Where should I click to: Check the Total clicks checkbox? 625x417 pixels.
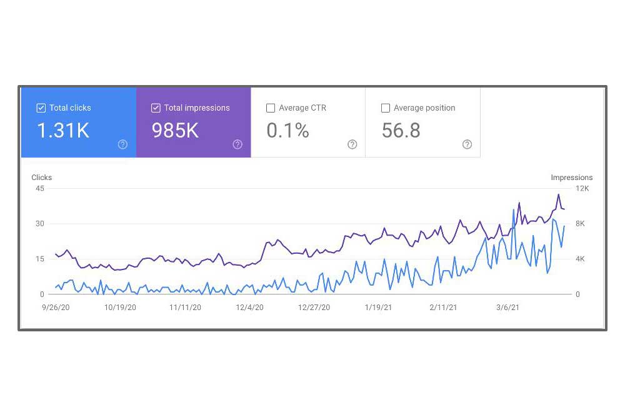pos(41,108)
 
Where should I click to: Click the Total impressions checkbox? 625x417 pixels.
pos(156,108)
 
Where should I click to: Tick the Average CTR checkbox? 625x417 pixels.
pos(271,108)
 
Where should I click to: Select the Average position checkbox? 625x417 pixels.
pos(386,108)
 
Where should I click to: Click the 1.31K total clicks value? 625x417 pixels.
pos(63,131)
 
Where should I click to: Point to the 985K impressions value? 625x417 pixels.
pos(175,131)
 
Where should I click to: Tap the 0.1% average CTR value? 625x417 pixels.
pos(287,131)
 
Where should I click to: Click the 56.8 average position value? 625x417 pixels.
pos(401,131)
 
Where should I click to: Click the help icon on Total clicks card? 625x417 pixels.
pos(122,144)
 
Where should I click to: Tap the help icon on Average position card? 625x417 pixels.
pos(467,144)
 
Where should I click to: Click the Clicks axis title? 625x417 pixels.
pos(42,178)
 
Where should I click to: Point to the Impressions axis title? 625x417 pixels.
pos(571,178)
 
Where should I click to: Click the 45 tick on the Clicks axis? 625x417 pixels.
pos(39,188)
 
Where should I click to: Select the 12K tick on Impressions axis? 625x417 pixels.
pos(582,188)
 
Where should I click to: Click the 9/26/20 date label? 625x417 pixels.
pos(56,308)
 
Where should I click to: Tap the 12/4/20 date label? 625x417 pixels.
pos(249,308)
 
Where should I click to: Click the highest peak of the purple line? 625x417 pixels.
pos(559,194)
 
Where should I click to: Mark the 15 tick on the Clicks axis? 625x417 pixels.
pos(39,259)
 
